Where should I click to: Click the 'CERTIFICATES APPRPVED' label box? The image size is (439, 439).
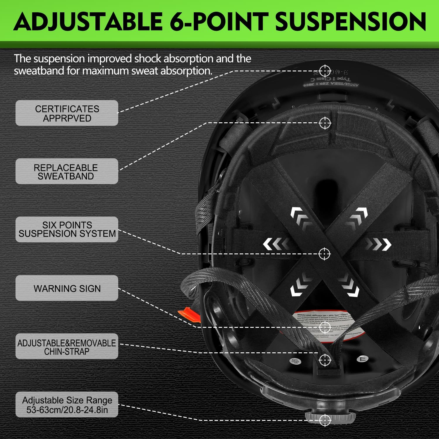tap(67, 113)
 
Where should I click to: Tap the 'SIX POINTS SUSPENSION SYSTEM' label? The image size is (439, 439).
tap(67, 229)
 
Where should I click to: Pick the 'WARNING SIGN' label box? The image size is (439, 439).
tap(67, 288)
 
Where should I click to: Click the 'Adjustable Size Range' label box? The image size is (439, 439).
tap(67, 404)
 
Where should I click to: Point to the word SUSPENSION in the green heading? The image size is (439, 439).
tap(350, 22)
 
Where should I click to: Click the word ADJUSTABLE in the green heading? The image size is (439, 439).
tap(88, 22)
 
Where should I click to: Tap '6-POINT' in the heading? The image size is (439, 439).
tap(219, 22)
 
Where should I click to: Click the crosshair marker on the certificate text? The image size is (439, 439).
tap(325, 71)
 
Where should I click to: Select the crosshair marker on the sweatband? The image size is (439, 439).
tap(325, 123)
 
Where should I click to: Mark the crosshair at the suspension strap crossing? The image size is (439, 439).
tap(324, 254)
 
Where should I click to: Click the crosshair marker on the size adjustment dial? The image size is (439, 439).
tap(325, 421)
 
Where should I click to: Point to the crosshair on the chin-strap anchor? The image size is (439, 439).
tap(325, 360)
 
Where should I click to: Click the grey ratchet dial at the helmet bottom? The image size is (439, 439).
tap(331, 416)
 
